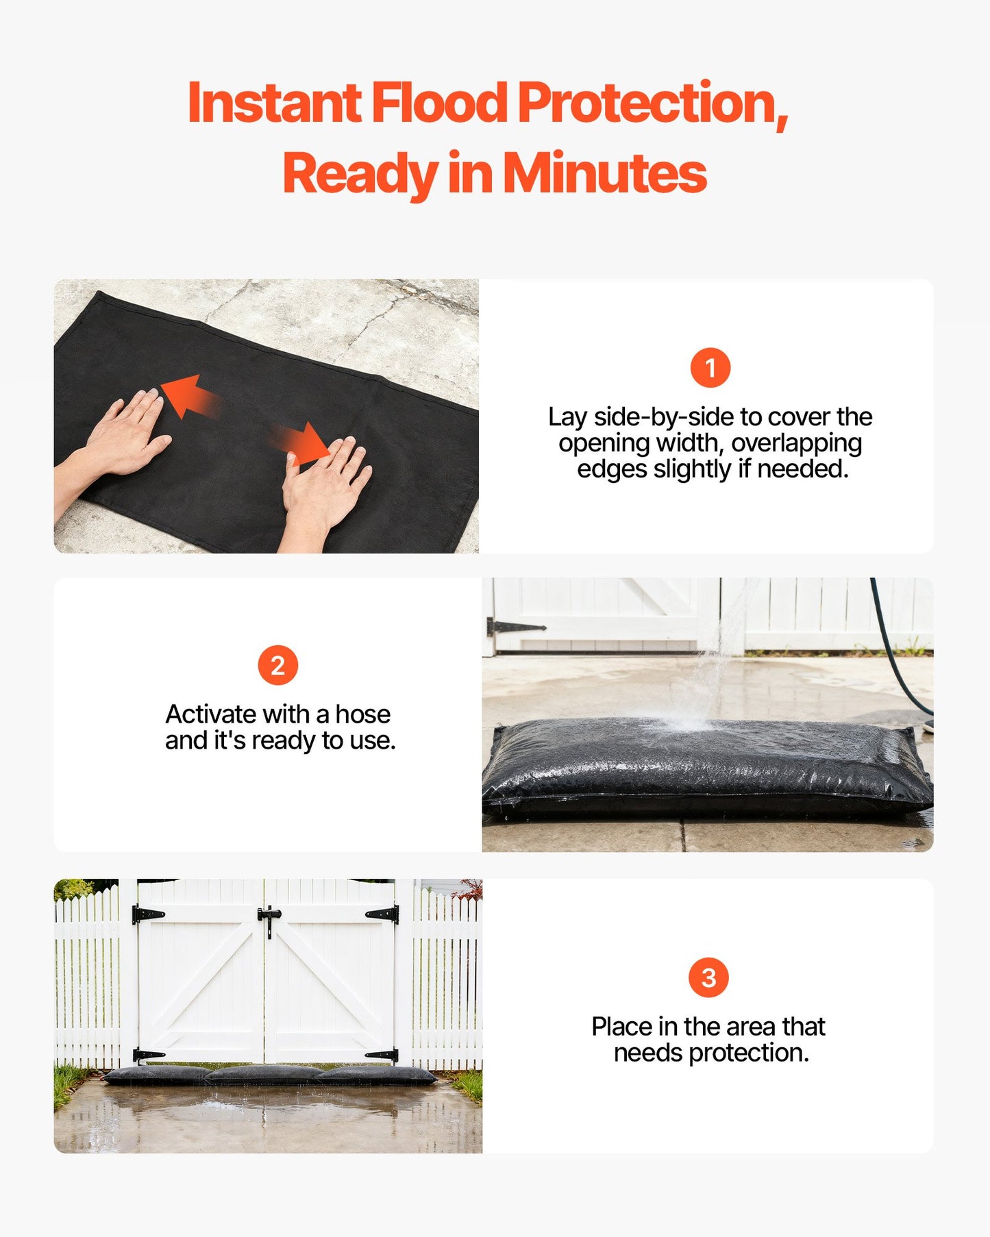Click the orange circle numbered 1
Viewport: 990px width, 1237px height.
[x=710, y=368]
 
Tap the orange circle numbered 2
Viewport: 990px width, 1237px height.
[x=277, y=665]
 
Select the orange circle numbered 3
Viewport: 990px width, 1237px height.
[x=708, y=977]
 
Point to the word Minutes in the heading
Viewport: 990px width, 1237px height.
[x=604, y=173]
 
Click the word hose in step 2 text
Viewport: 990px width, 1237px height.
[x=362, y=714]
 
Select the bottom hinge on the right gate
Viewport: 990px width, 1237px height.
[x=382, y=1055]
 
